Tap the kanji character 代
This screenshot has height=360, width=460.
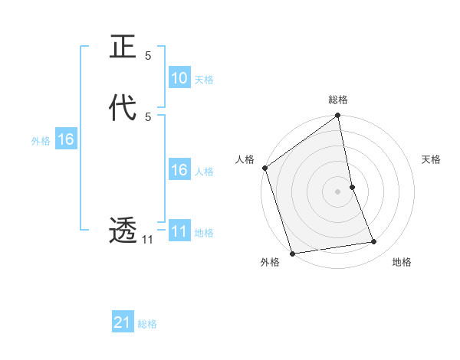pyautogui.click(x=123, y=107)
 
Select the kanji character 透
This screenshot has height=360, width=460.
pyautogui.click(x=123, y=230)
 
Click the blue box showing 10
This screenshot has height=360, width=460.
pyautogui.click(x=179, y=78)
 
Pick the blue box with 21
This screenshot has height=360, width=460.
pyautogui.click(x=123, y=323)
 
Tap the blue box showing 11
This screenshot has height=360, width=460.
pyautogui.click(x=179, y=231)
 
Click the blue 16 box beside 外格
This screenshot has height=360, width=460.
pyautogui.click(x=65, y=139)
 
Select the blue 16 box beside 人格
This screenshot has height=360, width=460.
pyautogui.click(x=179, y=170)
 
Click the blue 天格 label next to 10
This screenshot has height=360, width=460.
pyautogui.click(x=204, y=80)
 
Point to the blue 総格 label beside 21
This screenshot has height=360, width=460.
pyautogui.click(x=147, y=325)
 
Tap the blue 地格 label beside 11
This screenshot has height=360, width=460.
pyautogui.click(x=204, y=233)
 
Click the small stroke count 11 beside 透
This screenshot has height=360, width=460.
pyautogui.click(x=147, y=240)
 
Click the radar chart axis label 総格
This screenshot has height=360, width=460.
pyautogui.click(x=338, y=100)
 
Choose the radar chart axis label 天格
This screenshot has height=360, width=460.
pyautogui.click(x=432, y=159)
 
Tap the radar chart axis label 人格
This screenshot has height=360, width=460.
pyautogui.click(x=245, y=159)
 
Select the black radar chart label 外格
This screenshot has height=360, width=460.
pyautogui.click(x=269, y=263)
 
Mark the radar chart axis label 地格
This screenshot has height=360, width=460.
pyautogui.click(x=402, y=263)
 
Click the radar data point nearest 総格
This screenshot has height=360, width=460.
pyautogui.click(x=338, y=116)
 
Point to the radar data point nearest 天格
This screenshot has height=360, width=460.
pyautogui.click(x=352, y=187)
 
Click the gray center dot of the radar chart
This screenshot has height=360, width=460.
pyautogui.click(x=338, y=191)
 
